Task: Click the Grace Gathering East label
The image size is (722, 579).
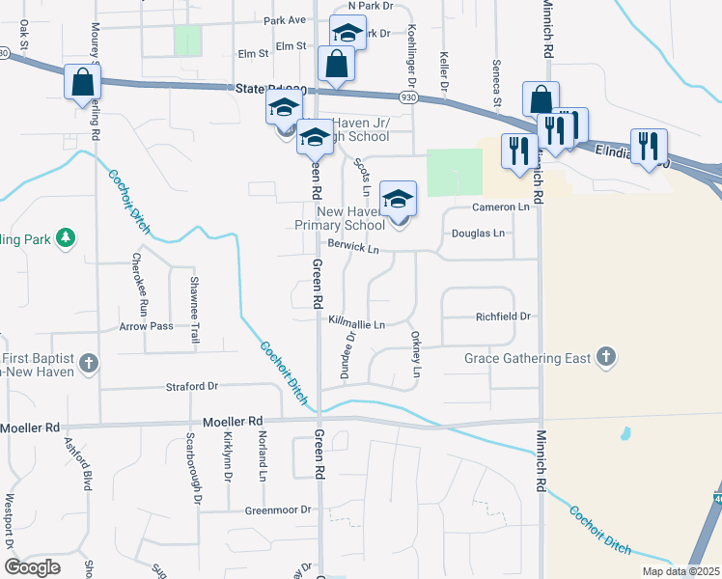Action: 527,358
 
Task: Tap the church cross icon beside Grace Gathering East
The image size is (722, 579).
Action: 605,357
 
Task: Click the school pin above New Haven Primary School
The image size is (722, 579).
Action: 398,200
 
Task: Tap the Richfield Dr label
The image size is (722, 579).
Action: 503,316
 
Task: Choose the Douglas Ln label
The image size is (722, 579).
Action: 478,234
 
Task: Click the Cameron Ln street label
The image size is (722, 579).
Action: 501,207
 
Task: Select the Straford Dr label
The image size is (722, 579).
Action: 191,386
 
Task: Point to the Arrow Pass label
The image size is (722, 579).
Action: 146,326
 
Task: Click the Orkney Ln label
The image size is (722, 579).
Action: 417,356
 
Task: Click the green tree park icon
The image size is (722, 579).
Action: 66,237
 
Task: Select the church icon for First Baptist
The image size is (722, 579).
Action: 89,363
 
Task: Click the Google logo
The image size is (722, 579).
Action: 32,567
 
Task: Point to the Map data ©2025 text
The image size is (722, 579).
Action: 680,571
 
